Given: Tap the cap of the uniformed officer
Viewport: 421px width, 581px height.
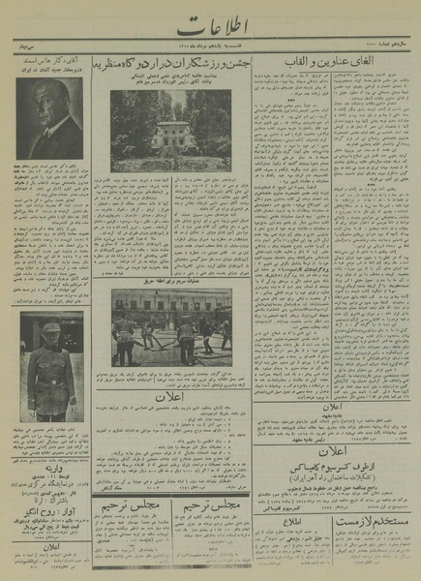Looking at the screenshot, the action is tap(51, 329).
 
